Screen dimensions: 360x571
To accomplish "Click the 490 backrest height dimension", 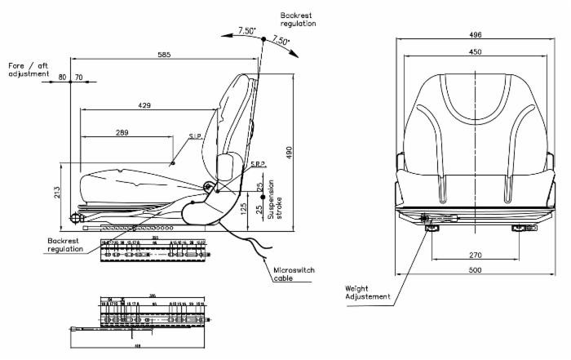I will click(x=289, y=153).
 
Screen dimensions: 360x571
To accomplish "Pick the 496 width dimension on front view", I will click(x=476, y=35).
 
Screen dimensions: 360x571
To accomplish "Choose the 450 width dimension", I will click(x=476, y=51).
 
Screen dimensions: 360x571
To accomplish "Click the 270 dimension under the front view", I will click(x=476, y=254).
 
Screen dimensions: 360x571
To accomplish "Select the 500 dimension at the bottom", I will click(x=476, y=270).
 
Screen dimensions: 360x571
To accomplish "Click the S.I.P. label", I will click(x=195, y=137).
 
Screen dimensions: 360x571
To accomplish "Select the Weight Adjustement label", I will click(x=368, y=291).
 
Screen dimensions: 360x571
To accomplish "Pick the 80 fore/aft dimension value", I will click(x=63, y=78).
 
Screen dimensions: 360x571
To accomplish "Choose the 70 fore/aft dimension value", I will click(x=79, y=78).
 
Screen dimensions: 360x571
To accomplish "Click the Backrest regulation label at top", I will click(x=298, y=20).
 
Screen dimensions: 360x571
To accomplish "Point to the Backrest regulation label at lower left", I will click(x=65, y=245).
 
